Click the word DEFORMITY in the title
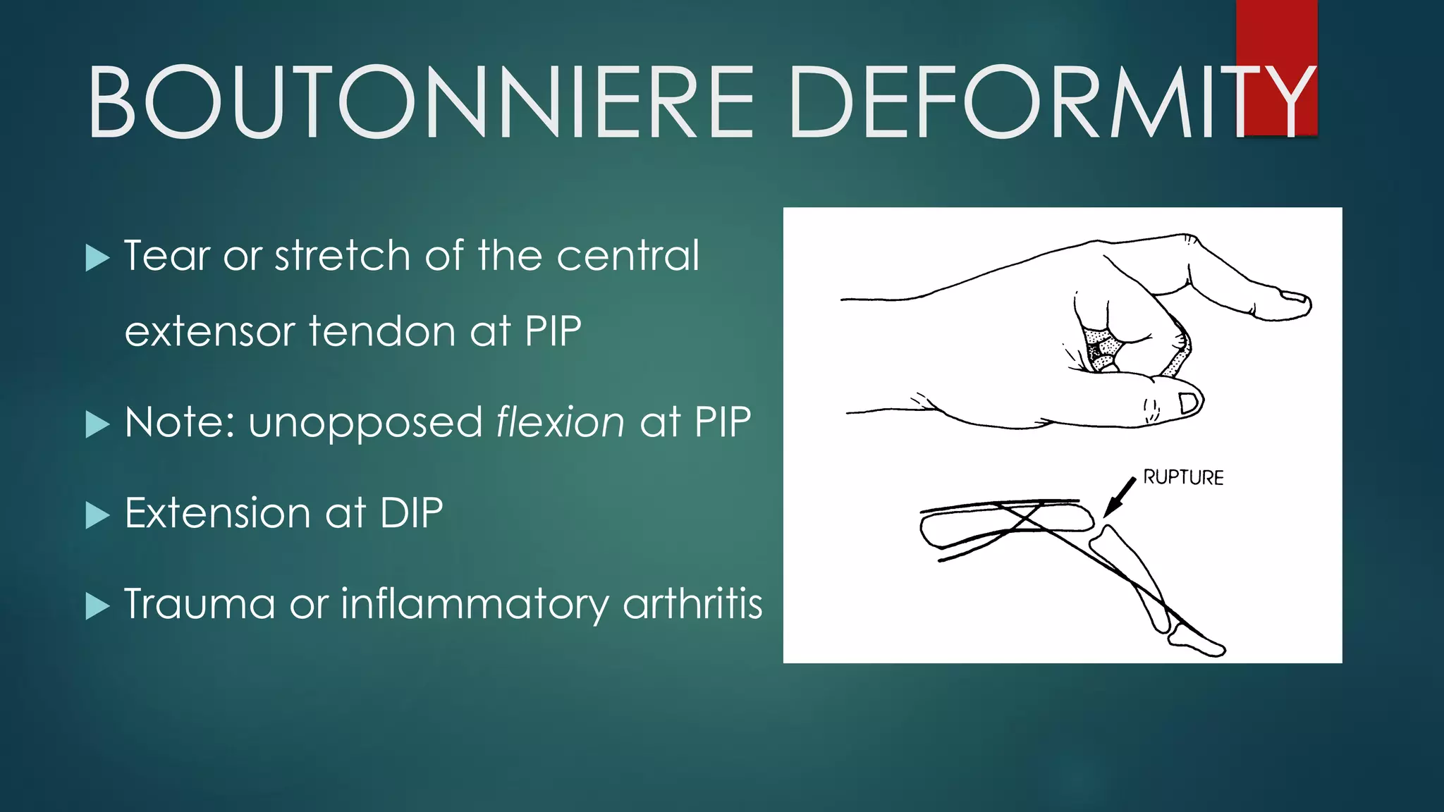(x=1051, y=102)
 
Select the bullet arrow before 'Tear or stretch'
(x=97, y=258)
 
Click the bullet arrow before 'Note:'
(x=97, y=424)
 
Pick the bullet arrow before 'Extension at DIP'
(x=97, y=515)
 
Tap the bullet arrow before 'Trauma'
(x=97, y=605)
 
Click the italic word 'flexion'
(x=560, y=422)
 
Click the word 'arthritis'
(x=692, y=604)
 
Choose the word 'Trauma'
(x=200, y=604)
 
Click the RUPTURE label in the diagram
(x=1183, y=478)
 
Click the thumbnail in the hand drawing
(x=1189, y=403)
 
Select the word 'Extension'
(x=217, y=513)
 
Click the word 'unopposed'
(x=365, y=424)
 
